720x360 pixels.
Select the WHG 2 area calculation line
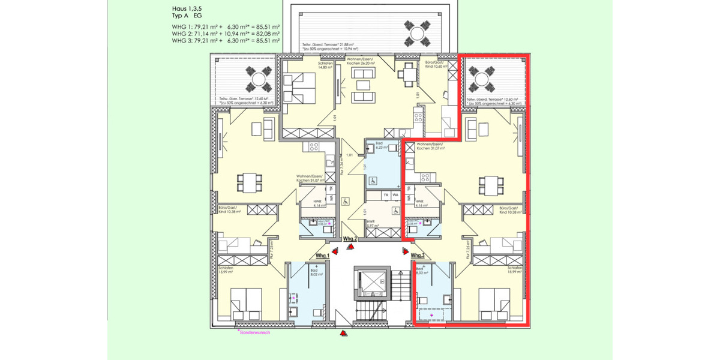(226, 34)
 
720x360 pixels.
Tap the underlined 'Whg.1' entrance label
(323, 256)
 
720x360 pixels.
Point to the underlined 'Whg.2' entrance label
(350, 239)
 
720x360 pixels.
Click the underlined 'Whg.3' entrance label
(418, 256)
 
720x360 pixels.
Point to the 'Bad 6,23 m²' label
(382, 146)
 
